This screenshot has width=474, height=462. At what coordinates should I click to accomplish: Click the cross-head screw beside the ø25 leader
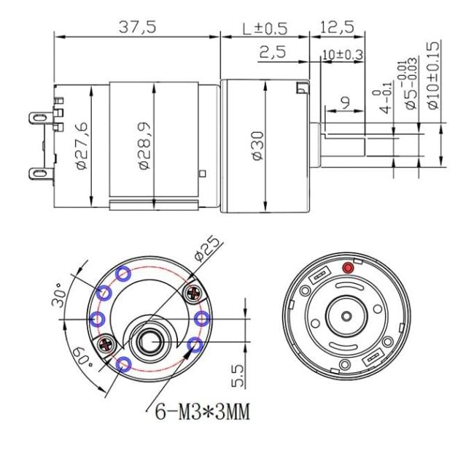(193, 293)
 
